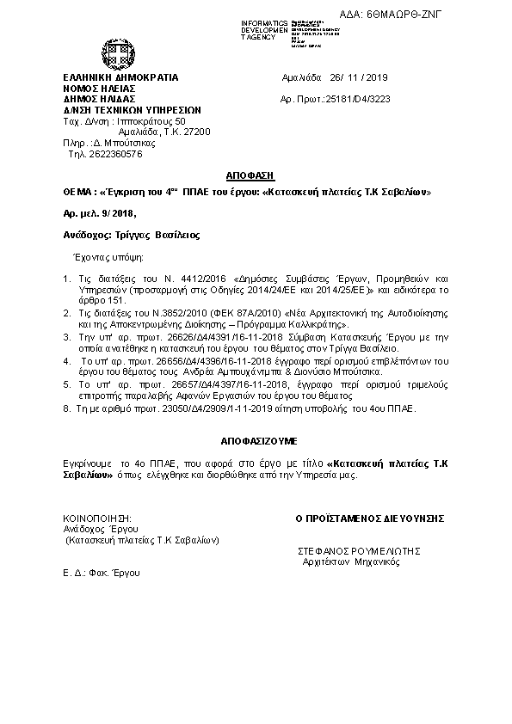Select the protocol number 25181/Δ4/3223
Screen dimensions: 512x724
tap(354, 101)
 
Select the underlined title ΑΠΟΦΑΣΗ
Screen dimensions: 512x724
tap(256, 172)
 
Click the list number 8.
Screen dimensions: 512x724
tap(66, 411)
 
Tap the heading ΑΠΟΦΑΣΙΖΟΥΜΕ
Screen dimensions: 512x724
tap(256, 440)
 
